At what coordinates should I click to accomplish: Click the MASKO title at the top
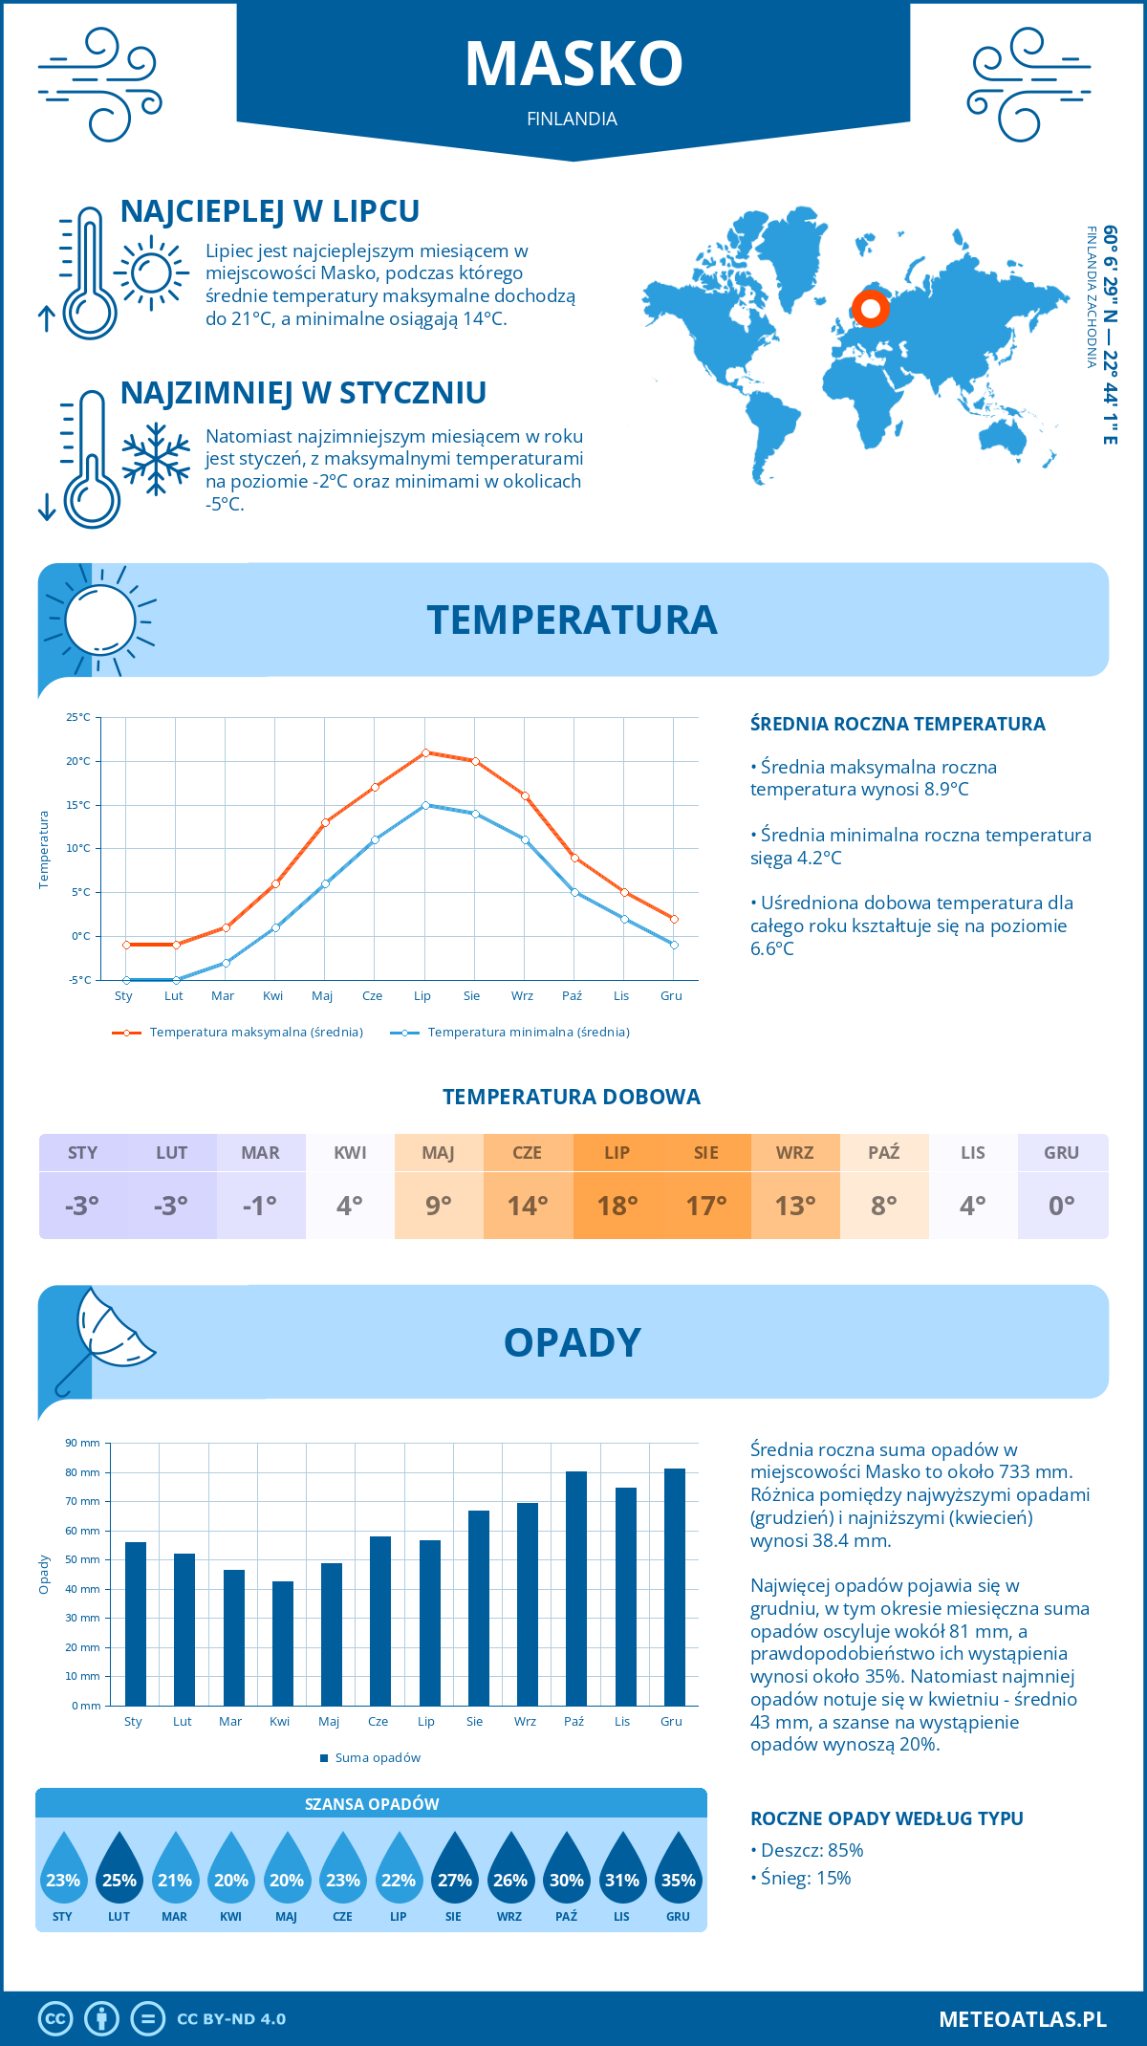pyautogui.click(x=573, y=64)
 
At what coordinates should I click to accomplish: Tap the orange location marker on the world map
pyautogui.click(x=870, y=309)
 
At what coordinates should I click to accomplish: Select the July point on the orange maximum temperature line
pyautogui.click(x=425, y=752)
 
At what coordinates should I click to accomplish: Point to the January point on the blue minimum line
pyautogui.click(x=126, y=980)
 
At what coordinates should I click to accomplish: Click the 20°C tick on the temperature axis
pyautogui.click(x=78, y=761)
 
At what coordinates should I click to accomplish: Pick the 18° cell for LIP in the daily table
pyautogui.click(x=617, y=1206)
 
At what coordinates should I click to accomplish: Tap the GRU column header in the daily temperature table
pyautogui.click(x=1061, y=1153)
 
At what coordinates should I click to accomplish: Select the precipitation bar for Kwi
pyautogui.click(x=283, y=1643)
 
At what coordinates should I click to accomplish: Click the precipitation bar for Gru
pyautogui.click(x=675, y=1587)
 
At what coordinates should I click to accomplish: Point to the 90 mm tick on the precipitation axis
pyautogui.click(x=83, y=1443)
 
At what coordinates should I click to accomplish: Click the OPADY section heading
pyautogui.click(x=573, y=1342)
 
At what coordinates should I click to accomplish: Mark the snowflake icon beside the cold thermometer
pyautogui.click(x=156, y=459)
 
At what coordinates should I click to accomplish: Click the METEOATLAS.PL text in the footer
pyautogui.click(x=1022, y=2019)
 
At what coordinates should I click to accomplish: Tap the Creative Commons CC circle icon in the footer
pyautogui.click(x=55, y=2019)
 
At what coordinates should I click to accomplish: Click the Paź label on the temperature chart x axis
pyautogui.click(x=572, y=996)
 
